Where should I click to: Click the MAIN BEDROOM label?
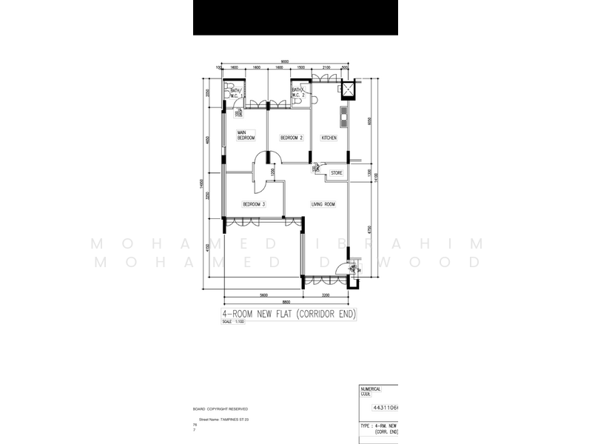coord(246,135)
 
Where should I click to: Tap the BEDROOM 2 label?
coord(292,138)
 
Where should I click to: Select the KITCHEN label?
coord(329,138)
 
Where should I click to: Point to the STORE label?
coord(337,173)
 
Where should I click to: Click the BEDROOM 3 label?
coord(254,204)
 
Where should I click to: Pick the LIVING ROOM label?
coord(323,204)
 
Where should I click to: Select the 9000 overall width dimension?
coord(284,61)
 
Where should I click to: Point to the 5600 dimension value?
coord(263,294)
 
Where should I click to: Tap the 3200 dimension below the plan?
coord(326,294)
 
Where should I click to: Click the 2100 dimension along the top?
coord(326,67)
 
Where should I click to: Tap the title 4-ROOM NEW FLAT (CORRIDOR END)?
coord(289,314)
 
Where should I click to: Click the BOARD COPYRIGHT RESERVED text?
coord(221,408)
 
